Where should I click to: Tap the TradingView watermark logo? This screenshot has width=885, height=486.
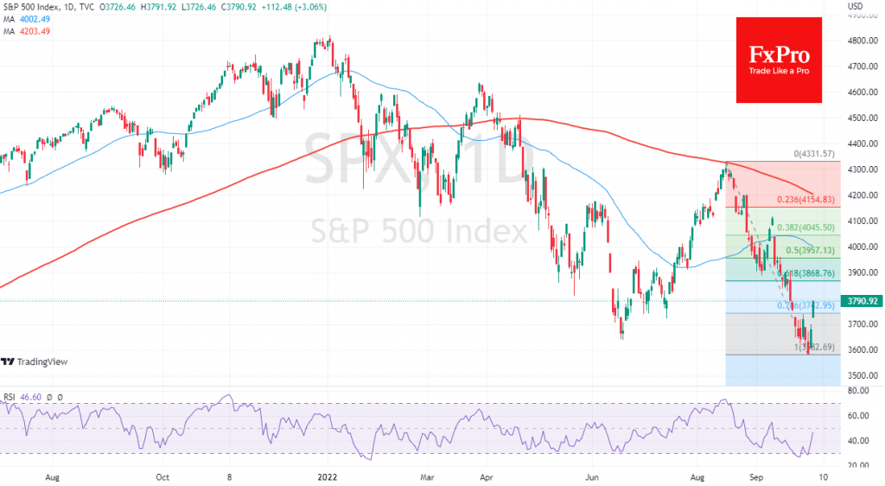pyautogui.click(x=34, y=361)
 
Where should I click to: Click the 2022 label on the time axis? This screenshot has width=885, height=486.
pyautogui.click(x=327, y=476)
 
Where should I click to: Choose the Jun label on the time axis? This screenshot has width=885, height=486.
pyautogui.click(x=592, y=476)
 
